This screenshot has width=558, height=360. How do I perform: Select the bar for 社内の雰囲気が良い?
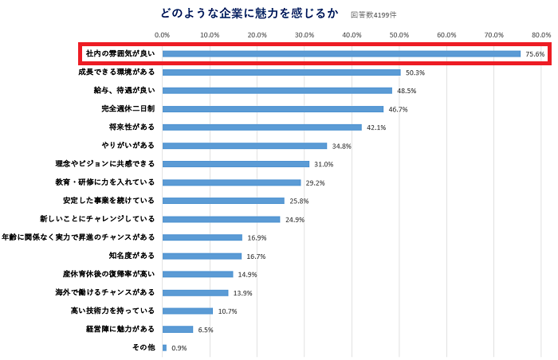pyautogui.click(x=341, y=54)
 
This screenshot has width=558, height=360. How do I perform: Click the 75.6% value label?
pyautogui.click(x=535, y=54)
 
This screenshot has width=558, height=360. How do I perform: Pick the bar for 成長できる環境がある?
pyautogui.click(x=281, y=72)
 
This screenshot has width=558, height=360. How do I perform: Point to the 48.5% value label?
pyautogui.click(x=407, y=91)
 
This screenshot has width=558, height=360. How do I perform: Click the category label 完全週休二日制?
pyautogui.click(x=128, y=109)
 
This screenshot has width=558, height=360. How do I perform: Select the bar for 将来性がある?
pyautogui.click(x=261, y=127)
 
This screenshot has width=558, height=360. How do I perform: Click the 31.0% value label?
pyautogui.click(x=324, y=164)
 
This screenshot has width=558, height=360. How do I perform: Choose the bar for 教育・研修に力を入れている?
pyautogui.click(x=231, y=182)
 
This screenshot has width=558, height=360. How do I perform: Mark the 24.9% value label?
pyautogui.click(x=295, y=219)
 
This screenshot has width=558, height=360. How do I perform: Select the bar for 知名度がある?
pyautogui.click(x=202, y=256)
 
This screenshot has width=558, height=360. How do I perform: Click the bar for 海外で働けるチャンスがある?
pyautogui.click(x=195, y=292)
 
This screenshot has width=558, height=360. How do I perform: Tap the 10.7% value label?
pyautogui.click(x=227, y=311)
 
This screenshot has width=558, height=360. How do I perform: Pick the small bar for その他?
pyautogui.click(x=164, y=347)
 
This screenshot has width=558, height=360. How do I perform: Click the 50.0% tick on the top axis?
pyautogui.click(x=399, y=35)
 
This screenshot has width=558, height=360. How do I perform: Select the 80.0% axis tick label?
pyautogui.click(x=540, y=35)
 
